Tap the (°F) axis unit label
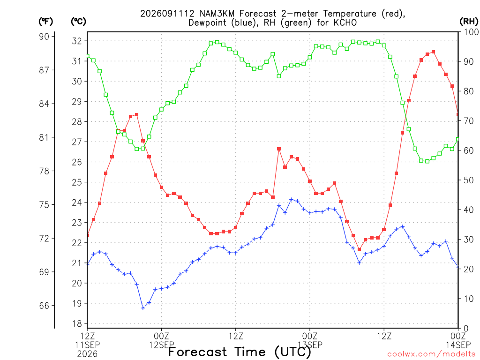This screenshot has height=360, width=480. pyautogui.click(x=45, y=22)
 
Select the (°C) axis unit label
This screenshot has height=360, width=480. pyautogui.click(x=78, y=22)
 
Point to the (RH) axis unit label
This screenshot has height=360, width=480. pyautogui.click(x=469, y=22)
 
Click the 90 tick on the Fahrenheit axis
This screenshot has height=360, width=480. pyautogui.click(x=44, y=37)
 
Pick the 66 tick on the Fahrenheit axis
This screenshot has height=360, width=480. pyautogui.click(x=44, y=306)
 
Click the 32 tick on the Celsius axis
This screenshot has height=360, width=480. pyautogui.click(x=77, y=41)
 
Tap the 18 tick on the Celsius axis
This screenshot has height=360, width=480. pyautogui.click(x=77, y=323)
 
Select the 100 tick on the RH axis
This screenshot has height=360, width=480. pyautogui.click(x=471, y=32)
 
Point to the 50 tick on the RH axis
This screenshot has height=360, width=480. pyautogui.click(x=468, y=180)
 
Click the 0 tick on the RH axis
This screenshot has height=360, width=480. pyautogui.click(x=466, y=329)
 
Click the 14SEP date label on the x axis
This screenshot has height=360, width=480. pyautogui.click(x=458, y=345)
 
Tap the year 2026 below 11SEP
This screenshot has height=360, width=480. pyautogui.click(x=87, y=354)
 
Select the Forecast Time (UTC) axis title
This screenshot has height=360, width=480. pyautogui.click(x=240, y=352)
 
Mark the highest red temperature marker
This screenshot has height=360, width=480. pyautogui.click(x=434, y=52)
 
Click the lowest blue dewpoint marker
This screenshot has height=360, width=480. pyautogui.click(x=143, y=308)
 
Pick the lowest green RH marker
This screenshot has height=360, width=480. pyautogui.click(x=427, y=161)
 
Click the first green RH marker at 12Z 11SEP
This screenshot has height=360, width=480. pyautogui.click(x=88, y=56)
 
